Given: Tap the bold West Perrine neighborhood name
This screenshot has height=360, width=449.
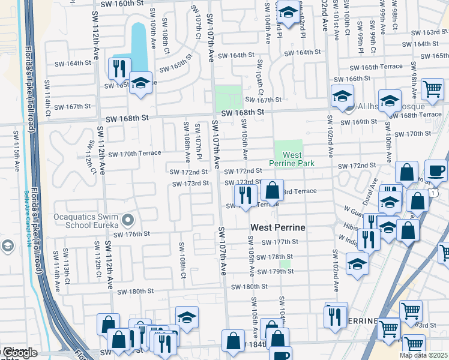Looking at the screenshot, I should click(x=277, y=227).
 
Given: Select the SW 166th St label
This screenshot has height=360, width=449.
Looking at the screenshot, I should click(x=366, y=79).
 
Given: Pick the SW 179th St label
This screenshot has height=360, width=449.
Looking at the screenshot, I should click(x=275, y=272).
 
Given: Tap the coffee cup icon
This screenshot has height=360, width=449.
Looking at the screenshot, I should click(x=436, y=170).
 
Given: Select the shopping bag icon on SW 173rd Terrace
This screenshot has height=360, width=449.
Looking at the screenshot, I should click(x=272, y=190).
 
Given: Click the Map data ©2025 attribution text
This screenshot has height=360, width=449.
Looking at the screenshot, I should click(x=423, y=355).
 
